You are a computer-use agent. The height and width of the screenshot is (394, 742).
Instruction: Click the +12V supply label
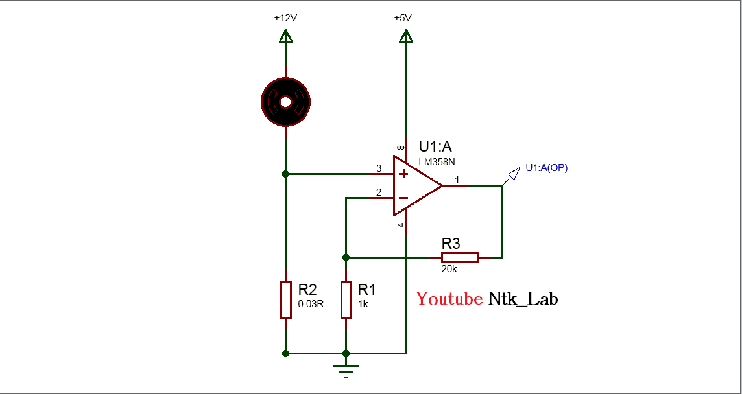tap(285, 18)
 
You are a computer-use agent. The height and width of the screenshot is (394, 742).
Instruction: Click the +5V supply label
tap(403, 18)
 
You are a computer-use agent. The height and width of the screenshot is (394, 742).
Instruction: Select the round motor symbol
tap(285, 101)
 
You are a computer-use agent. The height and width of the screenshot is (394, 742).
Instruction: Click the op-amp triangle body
tap(416, 186)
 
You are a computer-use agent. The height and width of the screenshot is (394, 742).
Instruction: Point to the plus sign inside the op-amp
tap(403, 174)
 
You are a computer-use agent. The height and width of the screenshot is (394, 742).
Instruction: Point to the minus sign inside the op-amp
tap(403, 198)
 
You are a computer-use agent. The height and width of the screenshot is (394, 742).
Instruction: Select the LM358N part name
tap(437, 161)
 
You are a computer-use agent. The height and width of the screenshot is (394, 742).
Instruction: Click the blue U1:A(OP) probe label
tap(547, 168)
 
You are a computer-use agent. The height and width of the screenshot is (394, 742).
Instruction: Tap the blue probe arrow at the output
tap(513, 174)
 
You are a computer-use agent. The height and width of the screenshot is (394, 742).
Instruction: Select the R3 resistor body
tap(459, 257)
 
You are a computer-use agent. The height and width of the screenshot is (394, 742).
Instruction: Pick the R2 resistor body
tap(285, 299)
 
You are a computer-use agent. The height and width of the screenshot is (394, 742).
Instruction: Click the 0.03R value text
tap(311, 303)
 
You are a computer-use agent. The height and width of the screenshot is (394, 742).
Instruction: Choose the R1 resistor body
tap(346, 299)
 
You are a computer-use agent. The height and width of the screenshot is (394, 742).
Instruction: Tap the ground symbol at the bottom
tap(346, 371)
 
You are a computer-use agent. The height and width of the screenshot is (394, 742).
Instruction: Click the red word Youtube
tap(449, 299)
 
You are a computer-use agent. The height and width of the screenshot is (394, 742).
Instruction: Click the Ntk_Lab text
tap(523, 299)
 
